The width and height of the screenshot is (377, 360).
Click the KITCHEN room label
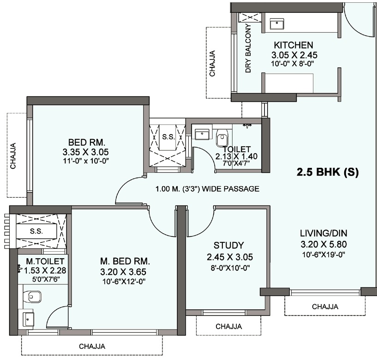(293, 45)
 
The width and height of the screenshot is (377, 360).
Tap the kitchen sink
(277, 24)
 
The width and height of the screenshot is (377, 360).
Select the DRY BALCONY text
(248, 48)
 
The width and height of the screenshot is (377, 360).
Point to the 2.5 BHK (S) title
(328, 172)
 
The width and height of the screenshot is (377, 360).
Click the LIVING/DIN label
(323, 233)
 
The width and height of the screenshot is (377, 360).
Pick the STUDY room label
(229, 245)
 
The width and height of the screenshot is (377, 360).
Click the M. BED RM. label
(125, 261)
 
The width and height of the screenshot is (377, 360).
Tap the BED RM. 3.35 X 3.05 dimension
(85, 152)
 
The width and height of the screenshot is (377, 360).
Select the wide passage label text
(207, 189)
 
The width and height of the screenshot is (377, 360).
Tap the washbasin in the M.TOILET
(28, 319)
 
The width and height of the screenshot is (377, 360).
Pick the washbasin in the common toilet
(202, 134)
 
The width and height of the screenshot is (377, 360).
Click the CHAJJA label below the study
(229, 326)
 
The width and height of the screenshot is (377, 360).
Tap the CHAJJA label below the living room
(325, 307)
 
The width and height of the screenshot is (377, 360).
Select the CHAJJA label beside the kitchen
(212, 64)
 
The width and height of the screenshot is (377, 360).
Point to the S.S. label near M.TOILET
(36, 231)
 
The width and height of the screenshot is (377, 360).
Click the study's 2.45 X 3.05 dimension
(230, 257)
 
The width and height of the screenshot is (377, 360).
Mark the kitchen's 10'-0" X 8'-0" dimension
(293, 64)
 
